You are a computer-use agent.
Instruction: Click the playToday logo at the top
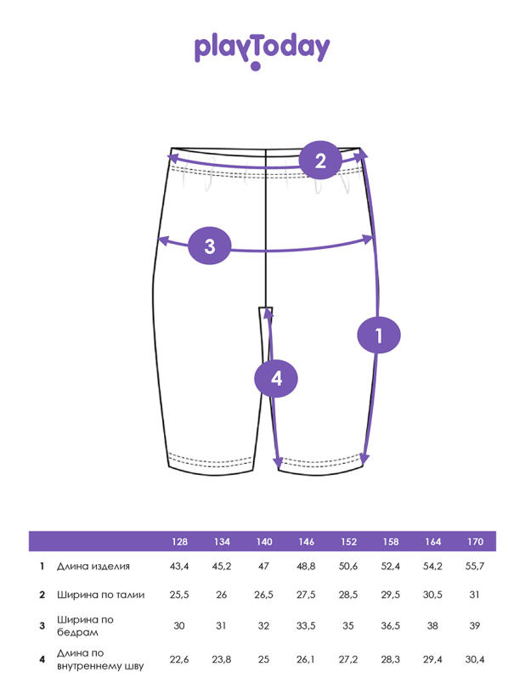tap(262, 51)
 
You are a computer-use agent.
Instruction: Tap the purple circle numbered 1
tap(379, 336)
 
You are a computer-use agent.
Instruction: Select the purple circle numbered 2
tap(320, 161)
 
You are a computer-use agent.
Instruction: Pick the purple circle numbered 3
tap(210, 246)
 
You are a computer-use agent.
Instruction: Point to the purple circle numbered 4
tap(276, 379)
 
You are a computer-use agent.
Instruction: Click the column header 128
tap(179, 541)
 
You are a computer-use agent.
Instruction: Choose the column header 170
tap(475, 541)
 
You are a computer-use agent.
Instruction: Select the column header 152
tap(348, 541)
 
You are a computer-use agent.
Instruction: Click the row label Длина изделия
tap(93, 567)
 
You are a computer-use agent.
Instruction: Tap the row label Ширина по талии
tap(101, 595)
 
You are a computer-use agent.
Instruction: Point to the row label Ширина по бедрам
tap(85, 626)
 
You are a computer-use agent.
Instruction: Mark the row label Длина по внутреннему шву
tap(100, 659)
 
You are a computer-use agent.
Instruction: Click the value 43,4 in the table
tap(179, 567)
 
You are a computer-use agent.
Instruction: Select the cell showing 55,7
tap(475, 567)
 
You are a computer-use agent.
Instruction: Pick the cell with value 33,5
tap(306, 626)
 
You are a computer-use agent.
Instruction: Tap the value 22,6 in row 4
tap(179, 659)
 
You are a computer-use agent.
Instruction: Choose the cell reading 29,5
tap(390, 595)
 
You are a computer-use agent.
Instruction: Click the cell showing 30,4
tap(475, 659)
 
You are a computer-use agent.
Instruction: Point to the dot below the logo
tap(256, 66)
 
